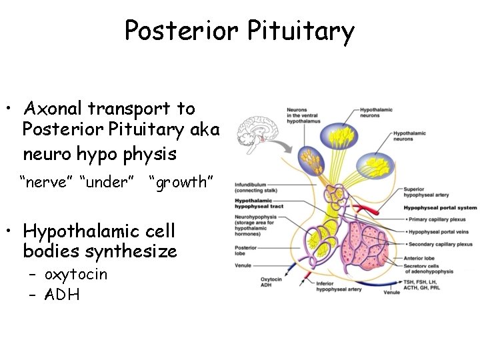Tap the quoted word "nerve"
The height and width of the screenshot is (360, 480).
(47, 182)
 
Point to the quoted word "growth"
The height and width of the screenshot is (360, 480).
(181, 182)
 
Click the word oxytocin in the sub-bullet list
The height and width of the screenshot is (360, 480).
(75, 275)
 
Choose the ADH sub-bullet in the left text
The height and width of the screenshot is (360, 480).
(61, 294)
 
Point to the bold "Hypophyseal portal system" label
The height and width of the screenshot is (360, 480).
(440, 207)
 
